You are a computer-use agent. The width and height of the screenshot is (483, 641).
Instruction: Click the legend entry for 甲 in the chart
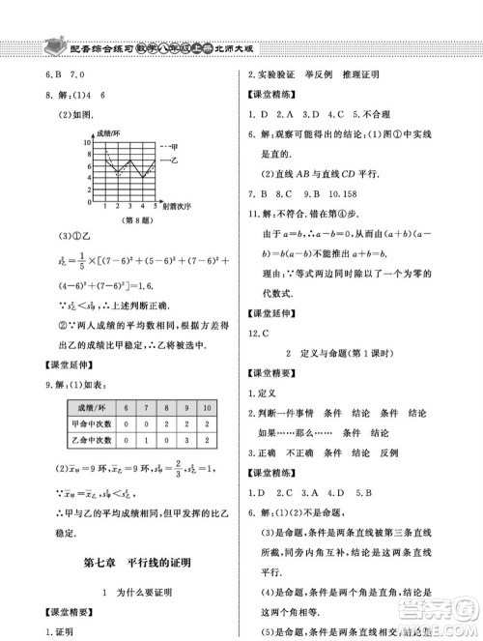(x=174, y=144)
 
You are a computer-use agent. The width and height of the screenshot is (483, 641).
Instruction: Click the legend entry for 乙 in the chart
(x=174, y=159)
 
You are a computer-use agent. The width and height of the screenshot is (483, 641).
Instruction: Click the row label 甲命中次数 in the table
(x=95, y=426)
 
